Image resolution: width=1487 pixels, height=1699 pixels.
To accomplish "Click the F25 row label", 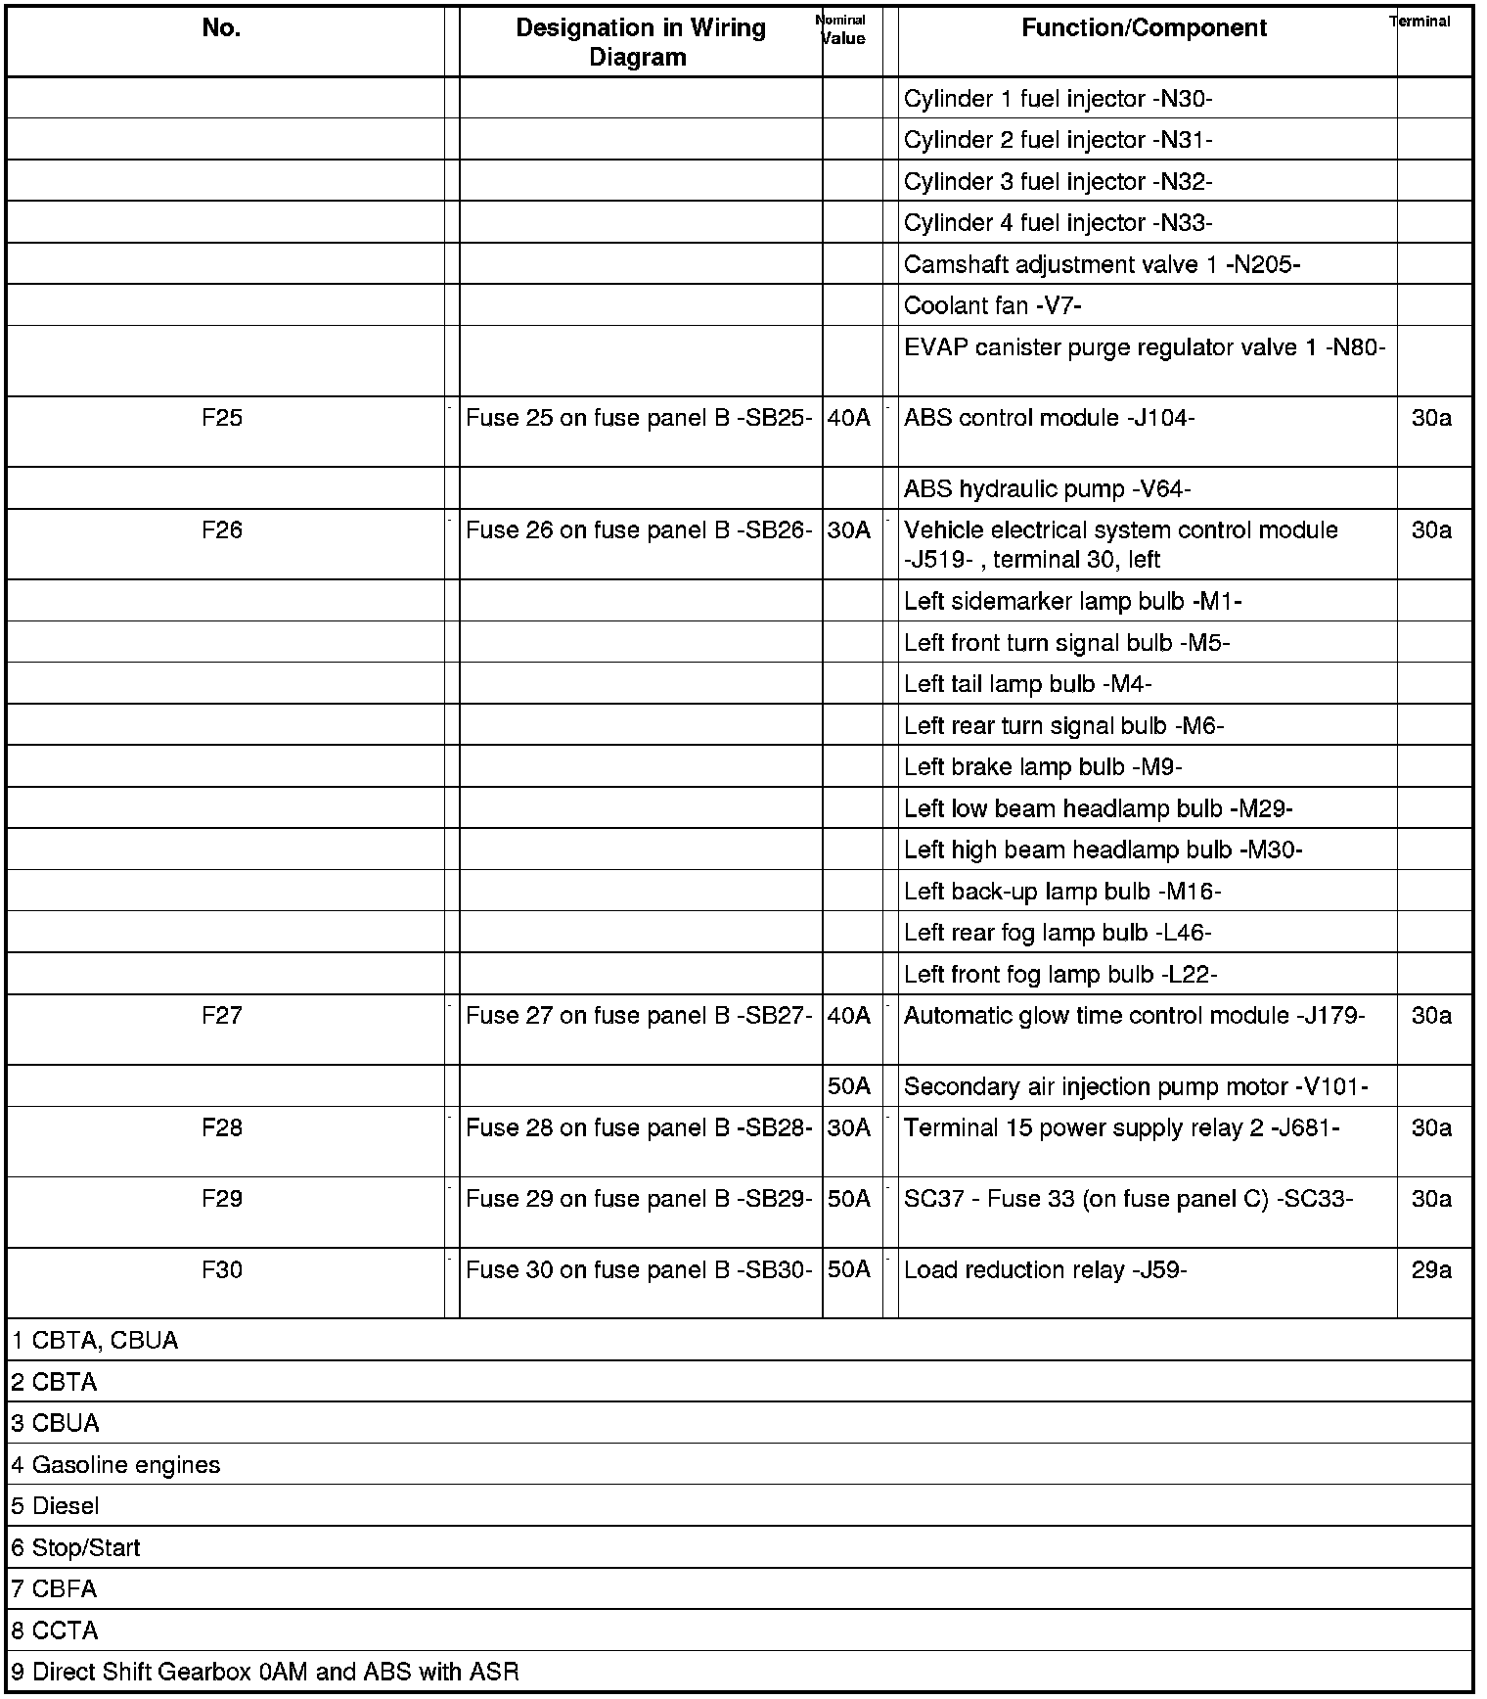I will tap(222, 418).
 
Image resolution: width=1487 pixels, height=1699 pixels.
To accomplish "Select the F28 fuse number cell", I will tap(222, 1127).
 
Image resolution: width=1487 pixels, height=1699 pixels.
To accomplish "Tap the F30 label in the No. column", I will tap(222, 1269).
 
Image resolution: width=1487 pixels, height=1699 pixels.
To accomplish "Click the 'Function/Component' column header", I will tap(1144, 28).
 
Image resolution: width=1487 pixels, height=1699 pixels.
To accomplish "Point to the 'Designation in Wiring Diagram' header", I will tap(640, 42).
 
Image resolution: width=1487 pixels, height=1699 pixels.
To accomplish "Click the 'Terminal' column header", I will tap(1419, 22).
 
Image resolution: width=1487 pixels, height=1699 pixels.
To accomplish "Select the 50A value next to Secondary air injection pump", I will tap(848, 1086).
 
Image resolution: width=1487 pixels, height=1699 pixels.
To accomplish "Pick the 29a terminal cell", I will tap(1431, 1269).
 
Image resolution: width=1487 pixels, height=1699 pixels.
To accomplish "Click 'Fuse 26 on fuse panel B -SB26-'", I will tap(639, 530).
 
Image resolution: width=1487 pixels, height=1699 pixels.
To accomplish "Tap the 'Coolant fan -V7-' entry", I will tap(992, 305).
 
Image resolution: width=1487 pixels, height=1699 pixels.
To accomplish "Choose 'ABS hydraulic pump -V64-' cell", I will tap(1047, 489).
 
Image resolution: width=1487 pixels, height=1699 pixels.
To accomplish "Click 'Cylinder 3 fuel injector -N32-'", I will tap(1058, 182).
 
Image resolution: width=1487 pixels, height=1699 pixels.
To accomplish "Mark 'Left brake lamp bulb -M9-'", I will tap(1043, 767).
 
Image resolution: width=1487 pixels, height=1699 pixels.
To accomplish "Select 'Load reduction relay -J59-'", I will tap(1045, 1270).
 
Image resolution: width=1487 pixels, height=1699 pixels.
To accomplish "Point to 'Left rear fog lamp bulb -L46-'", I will tap(1058, 933).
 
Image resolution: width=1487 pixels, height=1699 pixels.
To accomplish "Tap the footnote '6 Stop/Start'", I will tap(76, 1548).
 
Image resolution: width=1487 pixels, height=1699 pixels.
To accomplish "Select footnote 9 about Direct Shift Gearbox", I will tap(265, 1672).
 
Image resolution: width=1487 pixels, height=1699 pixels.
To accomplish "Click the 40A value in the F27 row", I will tap(848, 1016).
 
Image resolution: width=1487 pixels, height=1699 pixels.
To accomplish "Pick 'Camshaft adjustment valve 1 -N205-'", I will tap(1102, 264).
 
